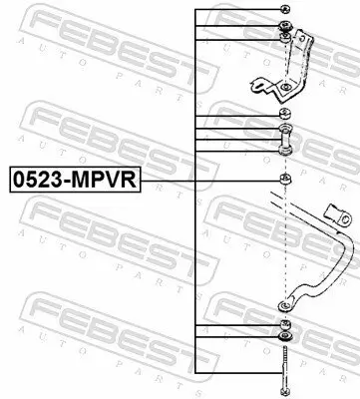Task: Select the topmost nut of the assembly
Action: point(286,9)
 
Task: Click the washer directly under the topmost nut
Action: point(286,28)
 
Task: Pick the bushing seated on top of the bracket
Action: point(286,40)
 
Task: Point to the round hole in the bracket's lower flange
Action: point(286,91)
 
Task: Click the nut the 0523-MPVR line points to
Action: point(286,180)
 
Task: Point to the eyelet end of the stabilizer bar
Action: point(286,302)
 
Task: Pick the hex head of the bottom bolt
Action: point(286,390)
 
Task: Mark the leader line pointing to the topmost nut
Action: point(239,9)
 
